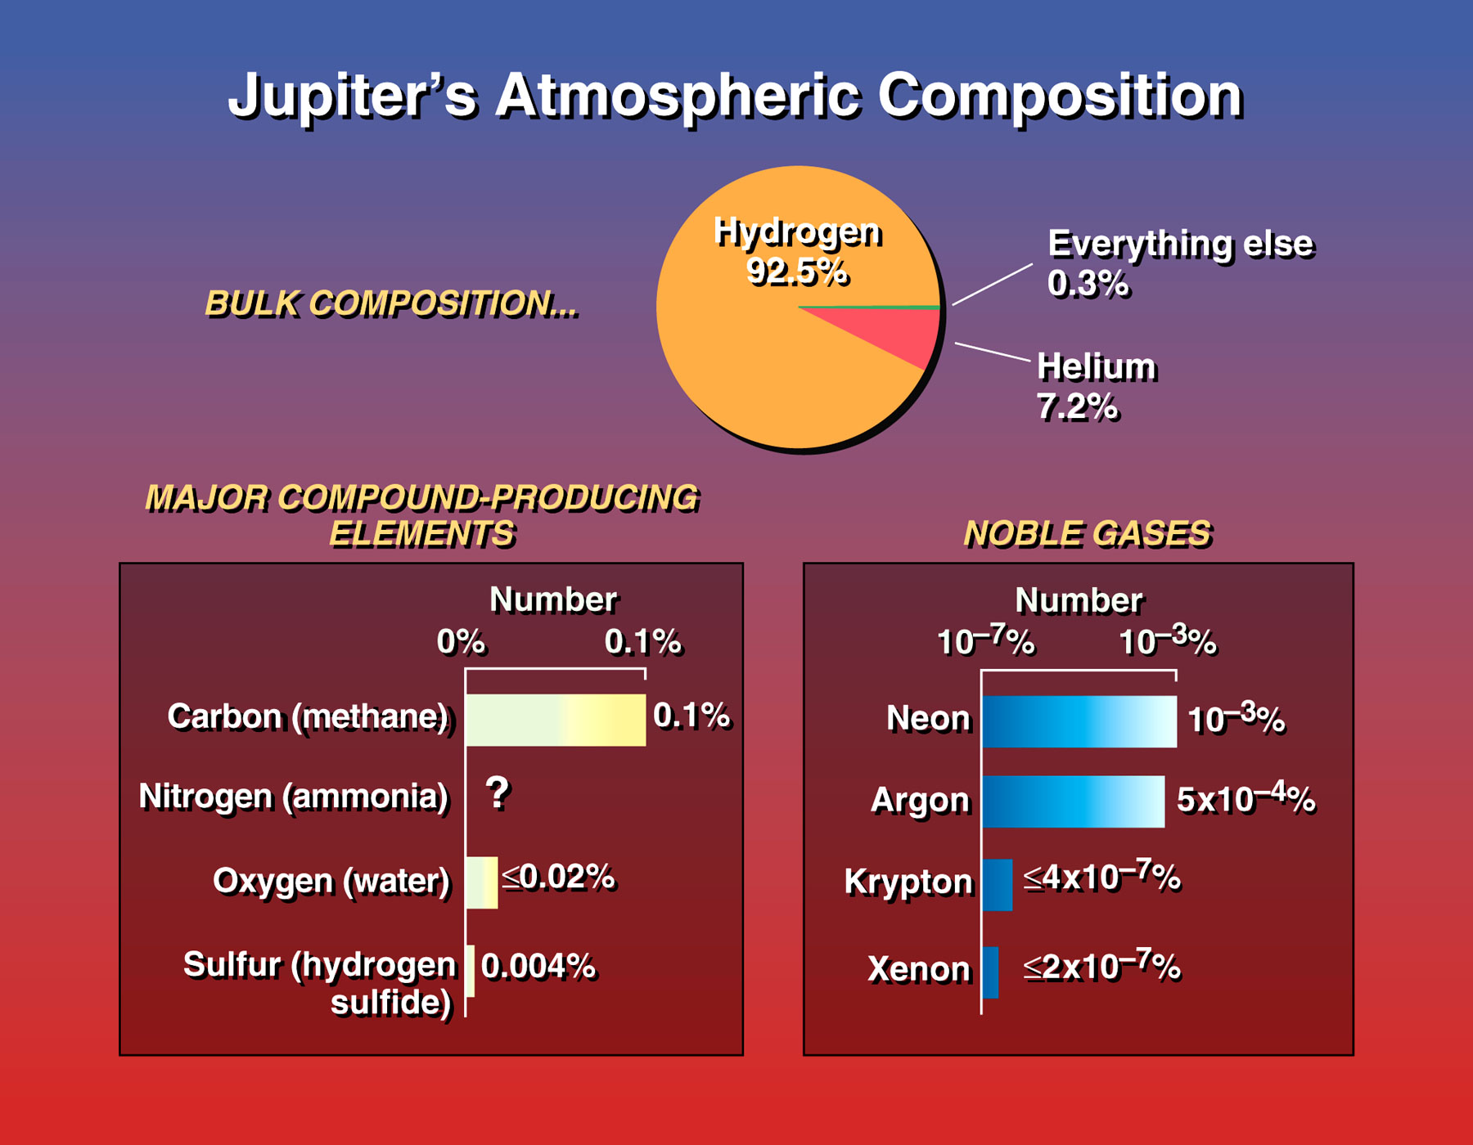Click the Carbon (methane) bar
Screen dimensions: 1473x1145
click(556, 720)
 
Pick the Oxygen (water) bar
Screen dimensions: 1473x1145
click(481, 882)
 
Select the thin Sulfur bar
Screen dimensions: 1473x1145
click(470, 971)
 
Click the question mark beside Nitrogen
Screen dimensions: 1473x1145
click(498, 793)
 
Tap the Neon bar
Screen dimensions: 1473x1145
click(1079, 721)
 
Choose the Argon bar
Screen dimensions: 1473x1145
click(1073, 801)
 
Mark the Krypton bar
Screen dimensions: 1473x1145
click(997, 885)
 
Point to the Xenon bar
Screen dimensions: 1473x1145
click(990, 972)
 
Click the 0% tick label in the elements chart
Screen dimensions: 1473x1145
click(461, 642)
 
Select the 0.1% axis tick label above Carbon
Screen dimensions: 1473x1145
click(642, 642)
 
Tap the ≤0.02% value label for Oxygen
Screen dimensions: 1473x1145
click(558, 877)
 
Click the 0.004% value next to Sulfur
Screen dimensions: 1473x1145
click(538, 966)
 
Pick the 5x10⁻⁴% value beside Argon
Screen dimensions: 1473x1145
click(1246, 798)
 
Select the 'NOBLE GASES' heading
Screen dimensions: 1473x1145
click(1088, 534)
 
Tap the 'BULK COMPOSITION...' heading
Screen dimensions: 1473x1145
click(391, 303)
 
